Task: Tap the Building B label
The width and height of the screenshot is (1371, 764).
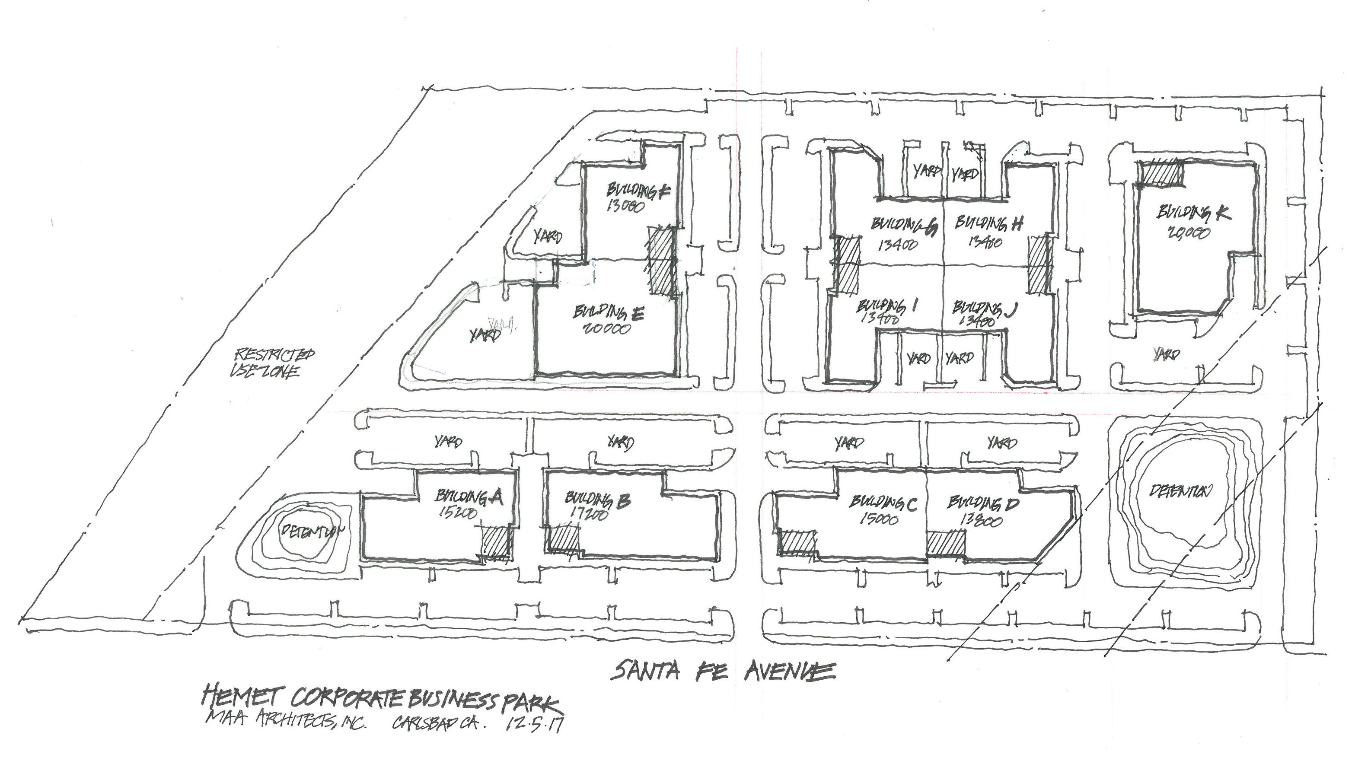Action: coord(597,500)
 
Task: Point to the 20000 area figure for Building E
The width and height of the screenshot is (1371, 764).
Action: coord(606,328)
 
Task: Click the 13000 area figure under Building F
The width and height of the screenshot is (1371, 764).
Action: coord(625,205)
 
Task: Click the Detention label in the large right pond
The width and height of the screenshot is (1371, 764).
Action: coord(1180,491)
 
